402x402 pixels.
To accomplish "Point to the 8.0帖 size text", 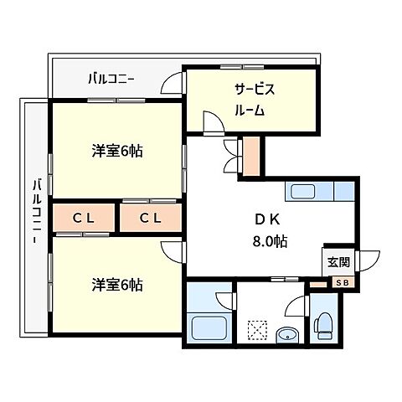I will pyautogui.click(x=270, y=241).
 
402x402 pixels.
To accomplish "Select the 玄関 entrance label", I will pyautogui.click(x=339, y=261).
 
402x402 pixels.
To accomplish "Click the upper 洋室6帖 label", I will pyautogui.click(x=116, y=152).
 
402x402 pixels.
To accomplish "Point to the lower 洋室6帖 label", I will pyautogui.click(x=116, y=285).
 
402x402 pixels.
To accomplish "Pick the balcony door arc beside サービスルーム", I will pyautogui.click(x=173, y=85).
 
